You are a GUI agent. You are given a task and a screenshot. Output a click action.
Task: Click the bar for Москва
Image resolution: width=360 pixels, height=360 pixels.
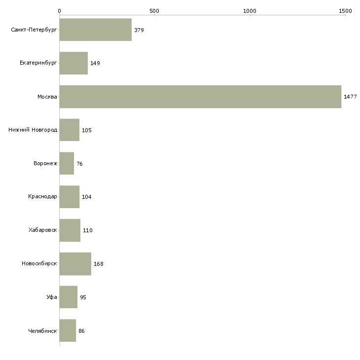[x=200, y=97]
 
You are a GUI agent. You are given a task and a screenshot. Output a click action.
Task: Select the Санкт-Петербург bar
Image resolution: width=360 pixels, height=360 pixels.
[x=96, y=30]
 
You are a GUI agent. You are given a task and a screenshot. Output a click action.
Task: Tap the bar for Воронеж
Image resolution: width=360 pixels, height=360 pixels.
[x=67, y=163]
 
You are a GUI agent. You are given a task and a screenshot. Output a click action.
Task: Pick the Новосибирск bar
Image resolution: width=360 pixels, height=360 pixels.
[x=75, y=264]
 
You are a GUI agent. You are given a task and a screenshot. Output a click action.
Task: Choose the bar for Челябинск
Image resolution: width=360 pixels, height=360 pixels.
[x=68, y=330]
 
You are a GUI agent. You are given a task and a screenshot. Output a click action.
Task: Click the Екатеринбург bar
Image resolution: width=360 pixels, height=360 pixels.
[x=73, y=63]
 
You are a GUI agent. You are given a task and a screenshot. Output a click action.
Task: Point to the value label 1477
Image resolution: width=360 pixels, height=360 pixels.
[x=350, y=97]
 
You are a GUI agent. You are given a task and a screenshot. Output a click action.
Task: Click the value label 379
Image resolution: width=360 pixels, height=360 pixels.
[x=139, y=30]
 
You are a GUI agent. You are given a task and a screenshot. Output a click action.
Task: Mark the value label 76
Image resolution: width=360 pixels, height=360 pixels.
[x=79, y=164]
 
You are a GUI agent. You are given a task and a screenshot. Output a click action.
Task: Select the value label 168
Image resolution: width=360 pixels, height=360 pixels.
[x=99, y=264]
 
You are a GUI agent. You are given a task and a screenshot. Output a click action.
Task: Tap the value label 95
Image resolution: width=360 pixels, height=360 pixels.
[x=83, y=297]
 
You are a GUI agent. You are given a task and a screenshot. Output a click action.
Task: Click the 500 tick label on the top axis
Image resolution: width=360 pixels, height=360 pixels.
[x=154, y=11]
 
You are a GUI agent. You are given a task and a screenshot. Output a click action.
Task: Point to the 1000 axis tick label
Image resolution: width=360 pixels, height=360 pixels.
[x=250, y=11]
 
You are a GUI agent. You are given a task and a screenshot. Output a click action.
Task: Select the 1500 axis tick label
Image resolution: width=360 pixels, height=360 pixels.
[x=345, y=11]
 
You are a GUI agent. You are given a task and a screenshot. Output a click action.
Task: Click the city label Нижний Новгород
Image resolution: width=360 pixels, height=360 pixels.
[x=33, y=130]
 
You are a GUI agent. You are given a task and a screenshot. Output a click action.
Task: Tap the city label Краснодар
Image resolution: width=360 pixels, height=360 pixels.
[x=42, y=197]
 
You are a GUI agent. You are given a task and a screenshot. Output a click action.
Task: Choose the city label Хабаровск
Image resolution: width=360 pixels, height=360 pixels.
[x=43, y=230]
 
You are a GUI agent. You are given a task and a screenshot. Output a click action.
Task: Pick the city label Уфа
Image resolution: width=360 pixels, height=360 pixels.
[x=52, y=297]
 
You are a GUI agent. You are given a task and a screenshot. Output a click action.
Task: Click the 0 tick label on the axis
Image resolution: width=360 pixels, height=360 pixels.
[x=60, y=11]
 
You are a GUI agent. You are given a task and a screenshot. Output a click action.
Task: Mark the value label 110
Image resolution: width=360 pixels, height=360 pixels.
[x=87, y=230]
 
